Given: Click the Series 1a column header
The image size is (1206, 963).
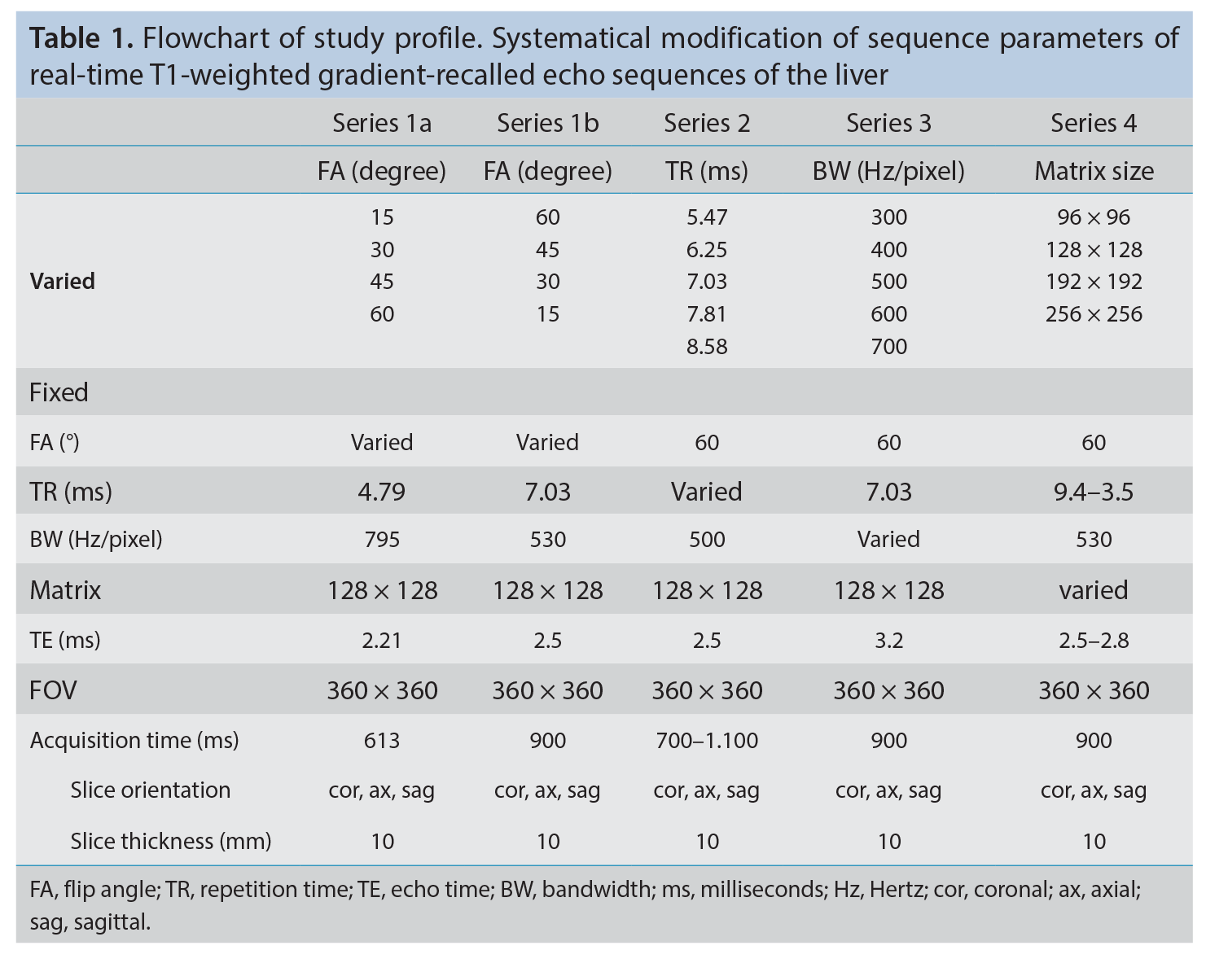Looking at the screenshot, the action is point(382,123).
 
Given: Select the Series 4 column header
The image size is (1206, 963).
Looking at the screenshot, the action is point(1094,123).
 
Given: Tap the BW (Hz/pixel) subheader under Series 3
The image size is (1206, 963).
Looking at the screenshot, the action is point(888,171).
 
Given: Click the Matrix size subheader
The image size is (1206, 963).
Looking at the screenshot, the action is point(1094,171).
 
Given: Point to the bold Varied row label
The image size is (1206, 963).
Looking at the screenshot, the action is point(62,281).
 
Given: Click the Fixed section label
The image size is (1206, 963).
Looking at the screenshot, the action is point(59,392).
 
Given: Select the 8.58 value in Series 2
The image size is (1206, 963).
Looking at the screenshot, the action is point(707,346).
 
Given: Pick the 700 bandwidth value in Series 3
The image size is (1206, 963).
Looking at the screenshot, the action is point(888,346).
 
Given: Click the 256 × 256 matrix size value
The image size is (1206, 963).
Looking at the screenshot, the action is point(1094,313).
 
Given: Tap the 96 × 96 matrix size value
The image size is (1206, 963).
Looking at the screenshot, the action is point(1094,217).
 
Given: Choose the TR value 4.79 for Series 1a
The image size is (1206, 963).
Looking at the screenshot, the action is point(382,492).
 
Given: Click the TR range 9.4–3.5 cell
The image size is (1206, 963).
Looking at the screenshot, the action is point(1094,492).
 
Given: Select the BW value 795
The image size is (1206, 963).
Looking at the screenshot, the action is point(382,539).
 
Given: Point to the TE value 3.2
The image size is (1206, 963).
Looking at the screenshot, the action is point(888,640).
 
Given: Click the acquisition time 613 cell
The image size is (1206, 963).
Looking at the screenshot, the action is point(382,740).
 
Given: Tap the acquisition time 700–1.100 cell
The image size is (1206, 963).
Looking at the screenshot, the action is point(707,740).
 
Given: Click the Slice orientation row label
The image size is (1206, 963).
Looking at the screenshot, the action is point(150,790).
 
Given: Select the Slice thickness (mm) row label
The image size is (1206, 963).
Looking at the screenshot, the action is point(171,841).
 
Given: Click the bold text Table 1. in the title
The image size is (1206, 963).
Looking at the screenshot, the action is point(81,38).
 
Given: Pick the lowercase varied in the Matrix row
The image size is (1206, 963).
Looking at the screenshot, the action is point(1094,590).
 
